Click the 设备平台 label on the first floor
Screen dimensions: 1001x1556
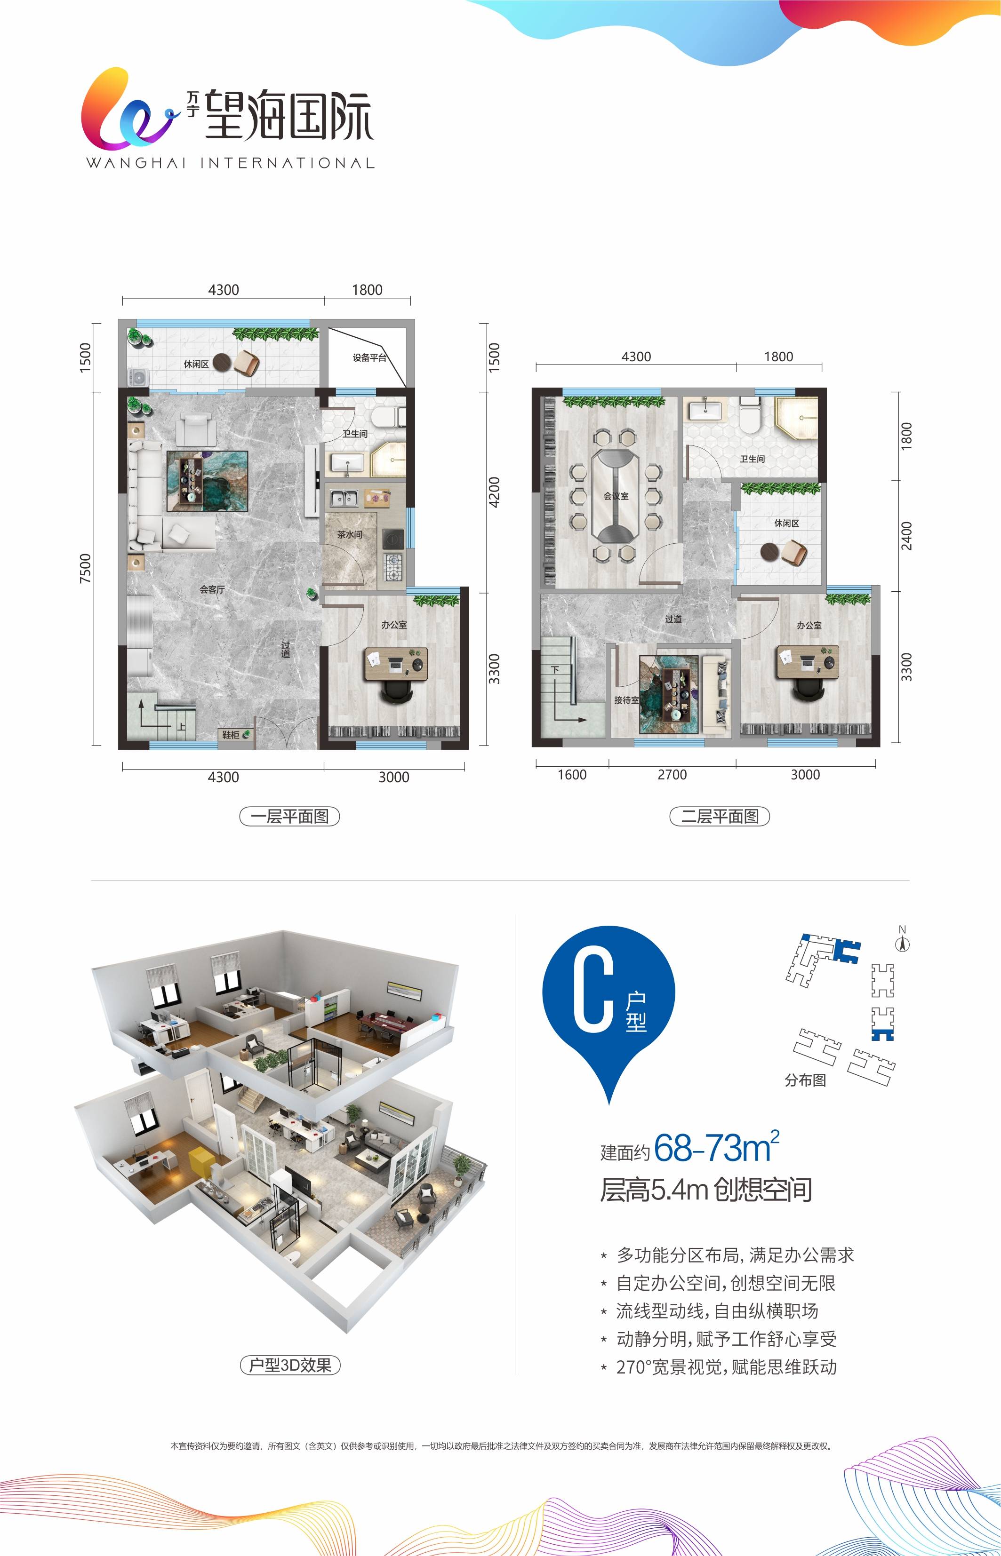369,357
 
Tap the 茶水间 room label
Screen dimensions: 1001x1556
350,535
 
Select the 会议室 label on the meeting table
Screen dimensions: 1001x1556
616,496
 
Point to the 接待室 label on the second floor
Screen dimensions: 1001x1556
626,700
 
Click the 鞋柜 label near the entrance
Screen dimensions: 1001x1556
231,735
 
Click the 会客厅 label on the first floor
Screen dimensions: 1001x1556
212,590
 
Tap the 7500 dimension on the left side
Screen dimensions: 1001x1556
85,568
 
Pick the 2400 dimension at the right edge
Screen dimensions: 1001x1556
907,535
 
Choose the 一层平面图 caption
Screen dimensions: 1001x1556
290,816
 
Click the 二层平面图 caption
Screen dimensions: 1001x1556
720,816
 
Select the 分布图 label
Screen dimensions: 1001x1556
805,1080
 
